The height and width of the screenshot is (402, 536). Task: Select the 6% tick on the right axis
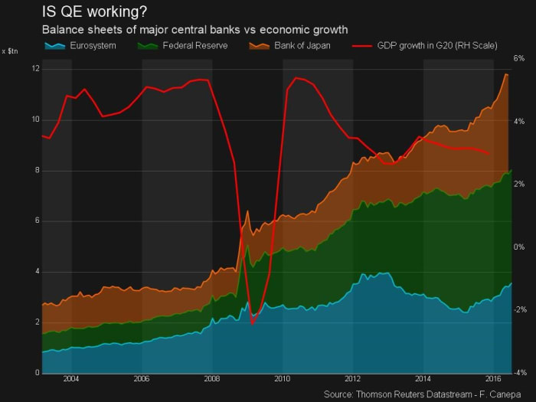point(518,58)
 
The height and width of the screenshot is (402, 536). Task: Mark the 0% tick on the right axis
point(518,247)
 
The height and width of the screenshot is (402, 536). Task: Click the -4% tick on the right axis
point(518,373)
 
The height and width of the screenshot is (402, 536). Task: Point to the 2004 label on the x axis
point(71,379)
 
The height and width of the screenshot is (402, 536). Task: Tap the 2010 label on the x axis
point(283,379)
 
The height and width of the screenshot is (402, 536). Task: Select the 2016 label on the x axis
point(494,379)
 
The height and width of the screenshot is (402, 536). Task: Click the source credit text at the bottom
point(428,394)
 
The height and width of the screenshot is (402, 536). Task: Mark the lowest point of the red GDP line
point(253,325)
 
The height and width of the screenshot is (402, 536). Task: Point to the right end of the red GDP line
point(490,154)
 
